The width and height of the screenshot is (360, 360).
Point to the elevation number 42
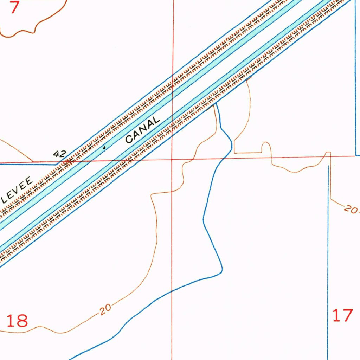(x=59, y=154)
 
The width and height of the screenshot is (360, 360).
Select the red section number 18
(x=17, y=321)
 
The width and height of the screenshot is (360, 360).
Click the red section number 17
(x=342, y=315)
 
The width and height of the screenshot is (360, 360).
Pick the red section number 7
(x=14, y=7)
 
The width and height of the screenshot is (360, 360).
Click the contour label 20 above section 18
(x=105, y=309)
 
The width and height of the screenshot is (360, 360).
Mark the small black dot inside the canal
(x=104, y=148)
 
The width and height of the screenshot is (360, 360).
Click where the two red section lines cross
(x=172, y=159)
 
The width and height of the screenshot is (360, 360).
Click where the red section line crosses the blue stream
(x=224, y=158)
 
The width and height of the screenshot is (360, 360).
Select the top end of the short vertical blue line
(x=328, y=166)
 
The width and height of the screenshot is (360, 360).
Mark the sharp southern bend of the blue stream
(x=222, y=271)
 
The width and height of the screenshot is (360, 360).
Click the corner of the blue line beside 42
(x=58, y=164)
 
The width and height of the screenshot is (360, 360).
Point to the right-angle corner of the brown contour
(x=235, y=153)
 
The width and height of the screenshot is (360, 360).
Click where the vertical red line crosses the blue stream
(x=172, y=291)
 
